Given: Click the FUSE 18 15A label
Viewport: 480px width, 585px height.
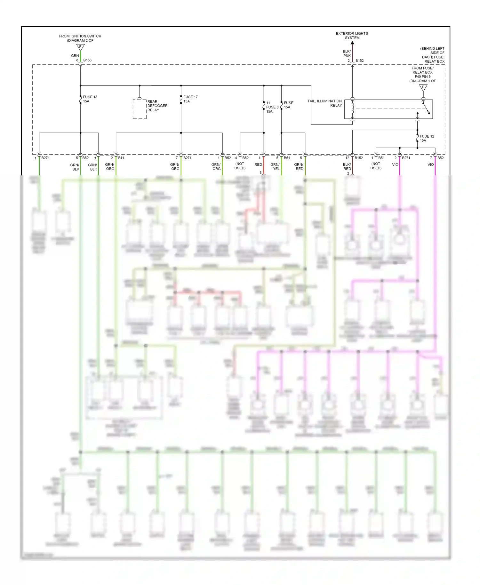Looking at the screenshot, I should (90, 99).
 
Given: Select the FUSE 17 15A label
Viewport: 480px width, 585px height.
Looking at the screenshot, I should (190, 99).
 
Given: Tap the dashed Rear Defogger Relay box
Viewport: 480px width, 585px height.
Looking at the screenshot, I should (140, 109).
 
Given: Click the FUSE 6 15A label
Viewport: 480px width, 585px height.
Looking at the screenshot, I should (272, 107).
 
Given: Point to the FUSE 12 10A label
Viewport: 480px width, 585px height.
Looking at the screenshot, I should (427, 138).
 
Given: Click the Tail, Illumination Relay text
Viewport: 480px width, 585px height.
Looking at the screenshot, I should (325, 103).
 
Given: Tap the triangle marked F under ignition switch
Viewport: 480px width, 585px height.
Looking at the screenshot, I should (80, 47).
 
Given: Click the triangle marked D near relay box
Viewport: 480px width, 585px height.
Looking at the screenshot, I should (423, 88).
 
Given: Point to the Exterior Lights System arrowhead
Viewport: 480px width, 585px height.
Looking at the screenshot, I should (352, 43).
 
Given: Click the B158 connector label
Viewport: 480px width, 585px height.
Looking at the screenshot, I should (87, 60).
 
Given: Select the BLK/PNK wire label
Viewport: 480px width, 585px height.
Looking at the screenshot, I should (347, 53).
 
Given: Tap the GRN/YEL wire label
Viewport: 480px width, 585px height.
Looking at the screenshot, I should (275, 166).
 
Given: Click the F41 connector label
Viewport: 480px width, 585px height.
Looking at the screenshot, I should (121, 158).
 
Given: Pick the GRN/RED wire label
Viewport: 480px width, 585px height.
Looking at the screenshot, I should (299, 166).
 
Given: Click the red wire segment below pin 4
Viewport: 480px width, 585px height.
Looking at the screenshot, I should (264, 165).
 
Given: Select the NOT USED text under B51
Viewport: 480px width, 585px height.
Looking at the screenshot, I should (376, 166).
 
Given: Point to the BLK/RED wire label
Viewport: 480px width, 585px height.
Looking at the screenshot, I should (347, 166).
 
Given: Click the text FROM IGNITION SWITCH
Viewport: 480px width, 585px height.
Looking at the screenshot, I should (80, 36).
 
